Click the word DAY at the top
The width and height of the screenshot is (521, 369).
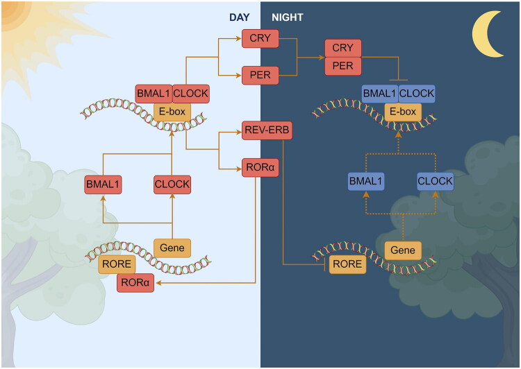pos(239,17)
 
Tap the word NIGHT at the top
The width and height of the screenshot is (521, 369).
pos(288,17)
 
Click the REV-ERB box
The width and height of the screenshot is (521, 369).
pos(267,130)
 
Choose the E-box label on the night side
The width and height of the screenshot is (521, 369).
pos(403,112)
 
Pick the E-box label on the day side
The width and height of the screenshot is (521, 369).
pos(172,112)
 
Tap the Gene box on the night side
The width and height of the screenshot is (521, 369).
pos(403,250)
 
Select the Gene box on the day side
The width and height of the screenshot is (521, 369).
pos(172,248)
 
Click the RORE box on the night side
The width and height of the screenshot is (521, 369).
pos(347,264)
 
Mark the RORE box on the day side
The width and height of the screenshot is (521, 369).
pos(117,264)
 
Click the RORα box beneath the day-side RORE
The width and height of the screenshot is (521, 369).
pos(135,283)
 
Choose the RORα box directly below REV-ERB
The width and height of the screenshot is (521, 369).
pos(260,168)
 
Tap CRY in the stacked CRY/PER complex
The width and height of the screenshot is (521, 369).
pos(343,48)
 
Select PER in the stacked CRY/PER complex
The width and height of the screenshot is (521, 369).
pos(343,66)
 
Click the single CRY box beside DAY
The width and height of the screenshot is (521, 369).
pos(260,38)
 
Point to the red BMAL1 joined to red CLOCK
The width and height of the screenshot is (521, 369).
pos(154,94)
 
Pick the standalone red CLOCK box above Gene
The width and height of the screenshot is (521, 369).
pos(172,184)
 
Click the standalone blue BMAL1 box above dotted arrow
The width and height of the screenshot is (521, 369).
pos(366,181)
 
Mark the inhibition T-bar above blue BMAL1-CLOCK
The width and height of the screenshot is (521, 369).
pos(398,80)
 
